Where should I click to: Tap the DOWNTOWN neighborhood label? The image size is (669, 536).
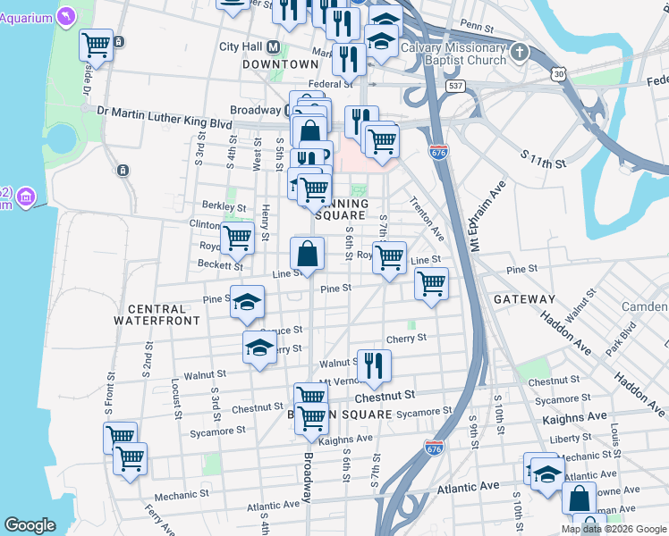pos(281,64)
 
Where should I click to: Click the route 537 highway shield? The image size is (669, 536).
pos(457,87)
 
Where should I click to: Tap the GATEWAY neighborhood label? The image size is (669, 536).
pos(524,299)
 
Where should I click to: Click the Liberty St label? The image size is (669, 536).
pos(565,439)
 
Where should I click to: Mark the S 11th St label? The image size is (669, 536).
pos(544,159)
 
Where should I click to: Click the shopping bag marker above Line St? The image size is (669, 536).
pos(307,254)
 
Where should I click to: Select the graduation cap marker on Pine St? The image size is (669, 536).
pos(247,302)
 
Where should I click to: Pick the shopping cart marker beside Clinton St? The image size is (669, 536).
pos(238,238)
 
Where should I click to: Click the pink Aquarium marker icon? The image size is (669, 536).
pos(66,16)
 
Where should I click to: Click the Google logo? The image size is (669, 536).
pos(30,525)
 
